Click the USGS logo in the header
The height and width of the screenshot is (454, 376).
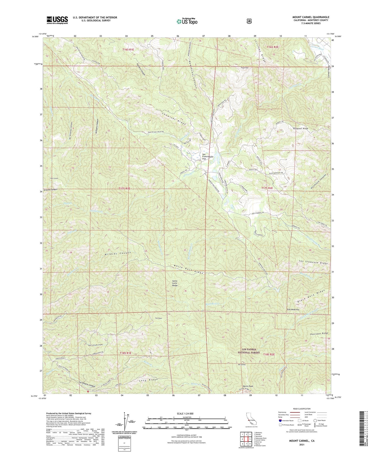point(57,20)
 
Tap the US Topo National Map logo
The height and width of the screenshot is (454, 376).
point(187,21)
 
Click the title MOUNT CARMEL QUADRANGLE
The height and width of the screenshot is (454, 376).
point(310,17)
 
